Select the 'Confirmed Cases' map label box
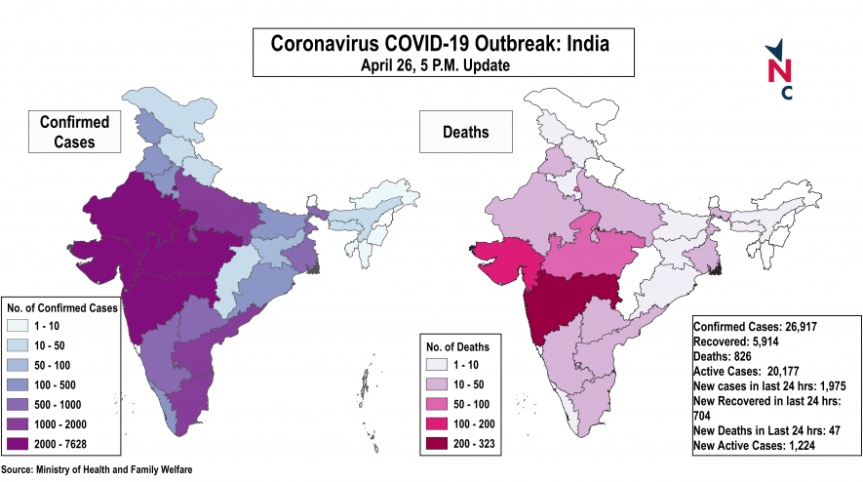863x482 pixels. [74, 132]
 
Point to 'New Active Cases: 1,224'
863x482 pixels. [754, 445]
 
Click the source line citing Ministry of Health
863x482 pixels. [97, 470]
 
